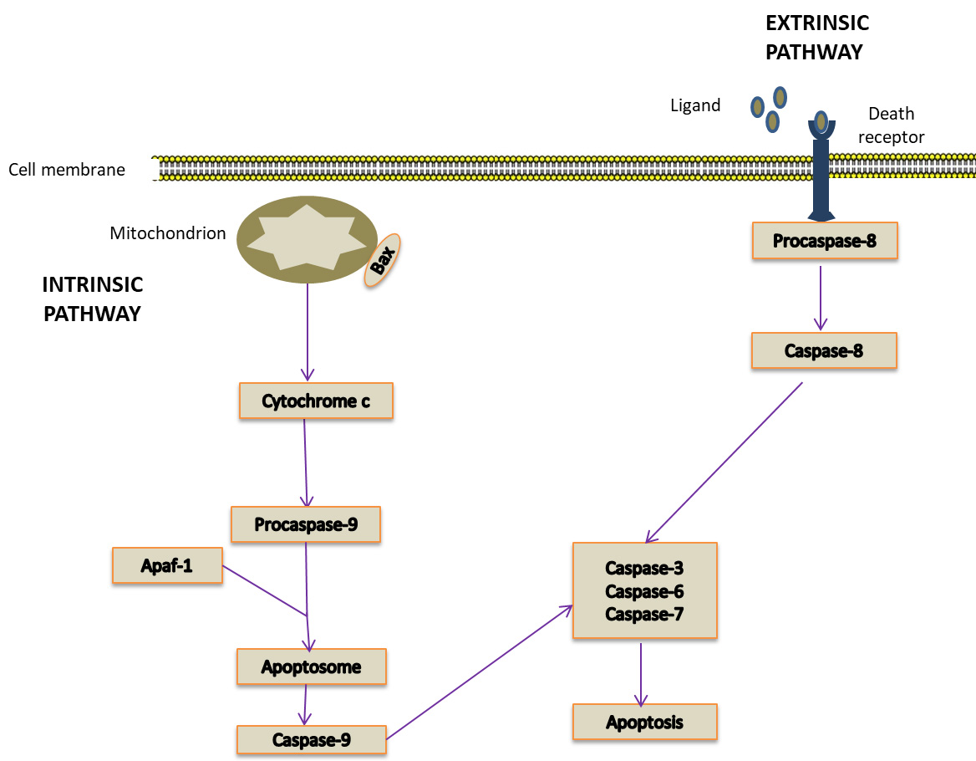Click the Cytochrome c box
point(316,401)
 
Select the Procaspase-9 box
point(306,524)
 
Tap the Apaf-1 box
point(167,565)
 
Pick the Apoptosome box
point(311,667)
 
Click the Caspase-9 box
point(311,740)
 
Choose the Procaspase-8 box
point(825,240)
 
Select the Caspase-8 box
point(824,350)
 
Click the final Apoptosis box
point(645,723)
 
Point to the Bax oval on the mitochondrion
point(382,260)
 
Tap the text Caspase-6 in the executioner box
point(644,591)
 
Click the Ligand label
point(695,105)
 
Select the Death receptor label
point(892,125)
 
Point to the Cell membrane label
point(67,170)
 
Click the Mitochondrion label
point(167,233)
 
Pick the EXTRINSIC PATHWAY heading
point(816,38)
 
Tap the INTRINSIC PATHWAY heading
point(93,299)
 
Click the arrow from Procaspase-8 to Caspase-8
point(821,298)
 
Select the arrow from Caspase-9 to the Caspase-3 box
point(480,672)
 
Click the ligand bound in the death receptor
point(821,120)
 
